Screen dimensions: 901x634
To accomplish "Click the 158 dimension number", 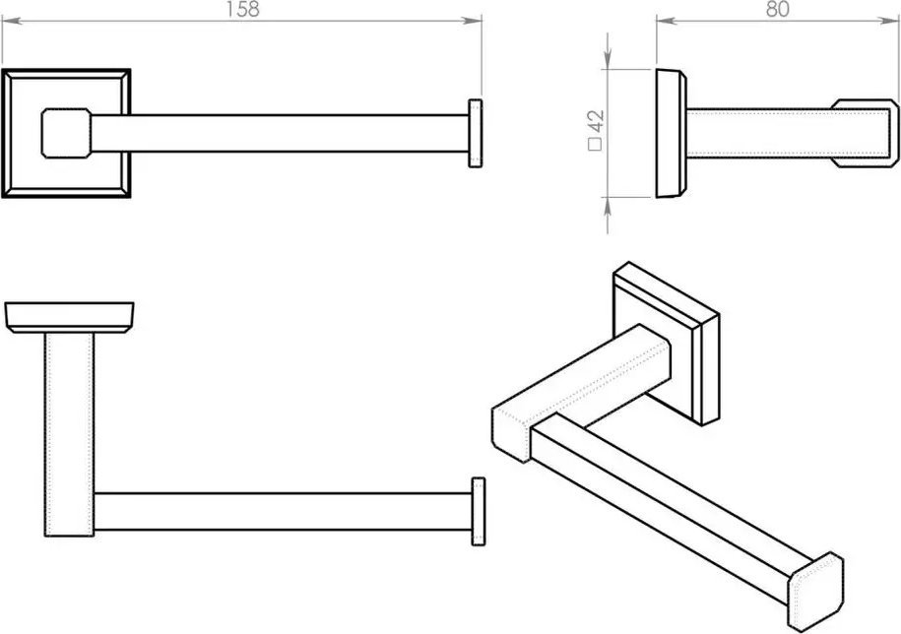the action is point(242,9).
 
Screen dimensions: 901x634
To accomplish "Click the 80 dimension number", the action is point(778,9).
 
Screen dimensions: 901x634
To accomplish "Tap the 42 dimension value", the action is point(596,122).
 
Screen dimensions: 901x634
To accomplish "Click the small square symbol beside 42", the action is point(596,144).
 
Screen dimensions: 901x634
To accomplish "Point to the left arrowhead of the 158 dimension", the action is point(12,22).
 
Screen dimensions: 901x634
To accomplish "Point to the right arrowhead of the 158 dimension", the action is point(472,22).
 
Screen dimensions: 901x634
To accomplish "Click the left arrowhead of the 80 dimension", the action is point(667,22).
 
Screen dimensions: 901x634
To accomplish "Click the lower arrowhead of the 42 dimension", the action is point(608,208).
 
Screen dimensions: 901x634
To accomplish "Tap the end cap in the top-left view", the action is point(476,133).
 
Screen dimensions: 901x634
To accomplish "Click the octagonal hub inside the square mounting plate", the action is point(66,133).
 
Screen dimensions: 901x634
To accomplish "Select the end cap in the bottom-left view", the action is point(479,511).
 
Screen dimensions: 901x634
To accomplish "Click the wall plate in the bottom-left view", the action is point(69,317).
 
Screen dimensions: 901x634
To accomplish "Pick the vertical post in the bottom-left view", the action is point(69,435).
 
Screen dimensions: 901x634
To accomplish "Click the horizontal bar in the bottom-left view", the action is point(283,511).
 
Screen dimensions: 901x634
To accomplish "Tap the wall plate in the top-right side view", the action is point(672,133).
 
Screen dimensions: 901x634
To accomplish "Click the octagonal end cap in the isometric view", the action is point(816,591).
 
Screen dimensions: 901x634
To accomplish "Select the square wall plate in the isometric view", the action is point(667,344).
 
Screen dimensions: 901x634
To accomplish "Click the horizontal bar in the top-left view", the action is point(280,133).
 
